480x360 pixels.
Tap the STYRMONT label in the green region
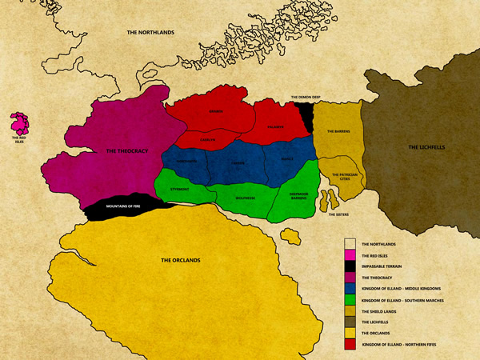(x=180, y=190)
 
